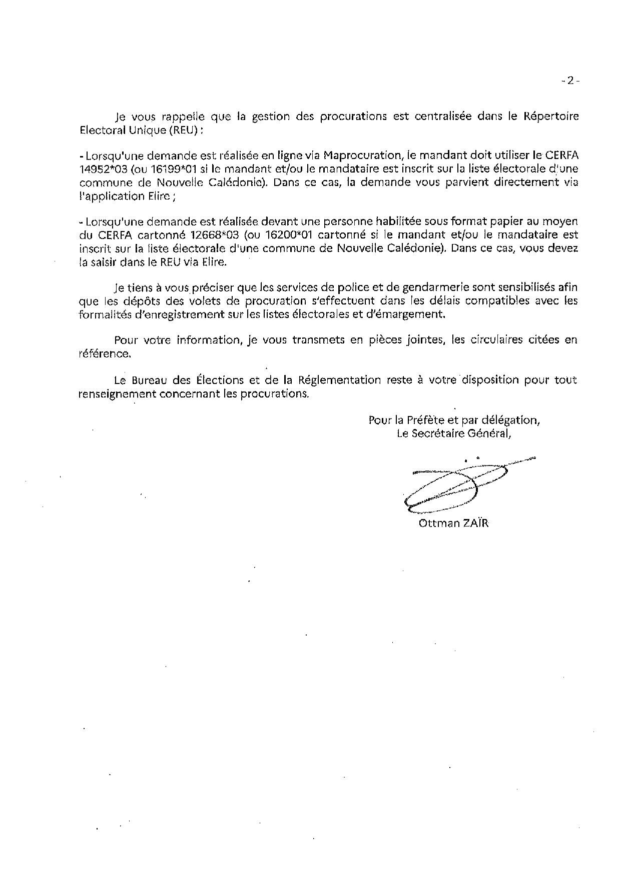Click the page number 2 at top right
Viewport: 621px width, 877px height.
click(x=570, y=80)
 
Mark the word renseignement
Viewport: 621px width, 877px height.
click(x=117, y=393)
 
